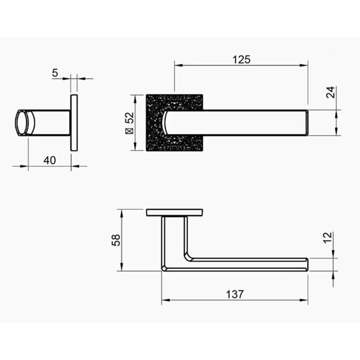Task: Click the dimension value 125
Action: pos(241,60)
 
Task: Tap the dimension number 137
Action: pos(234,294)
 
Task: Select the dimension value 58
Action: pos(116,240)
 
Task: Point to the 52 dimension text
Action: pos(130,117)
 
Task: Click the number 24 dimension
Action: pos(331,92)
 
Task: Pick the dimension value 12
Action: pos(328,238)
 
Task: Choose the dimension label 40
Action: pos(49,161)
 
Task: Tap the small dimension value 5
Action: pos(55,73)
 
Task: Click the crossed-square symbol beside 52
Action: pos(130,131)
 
